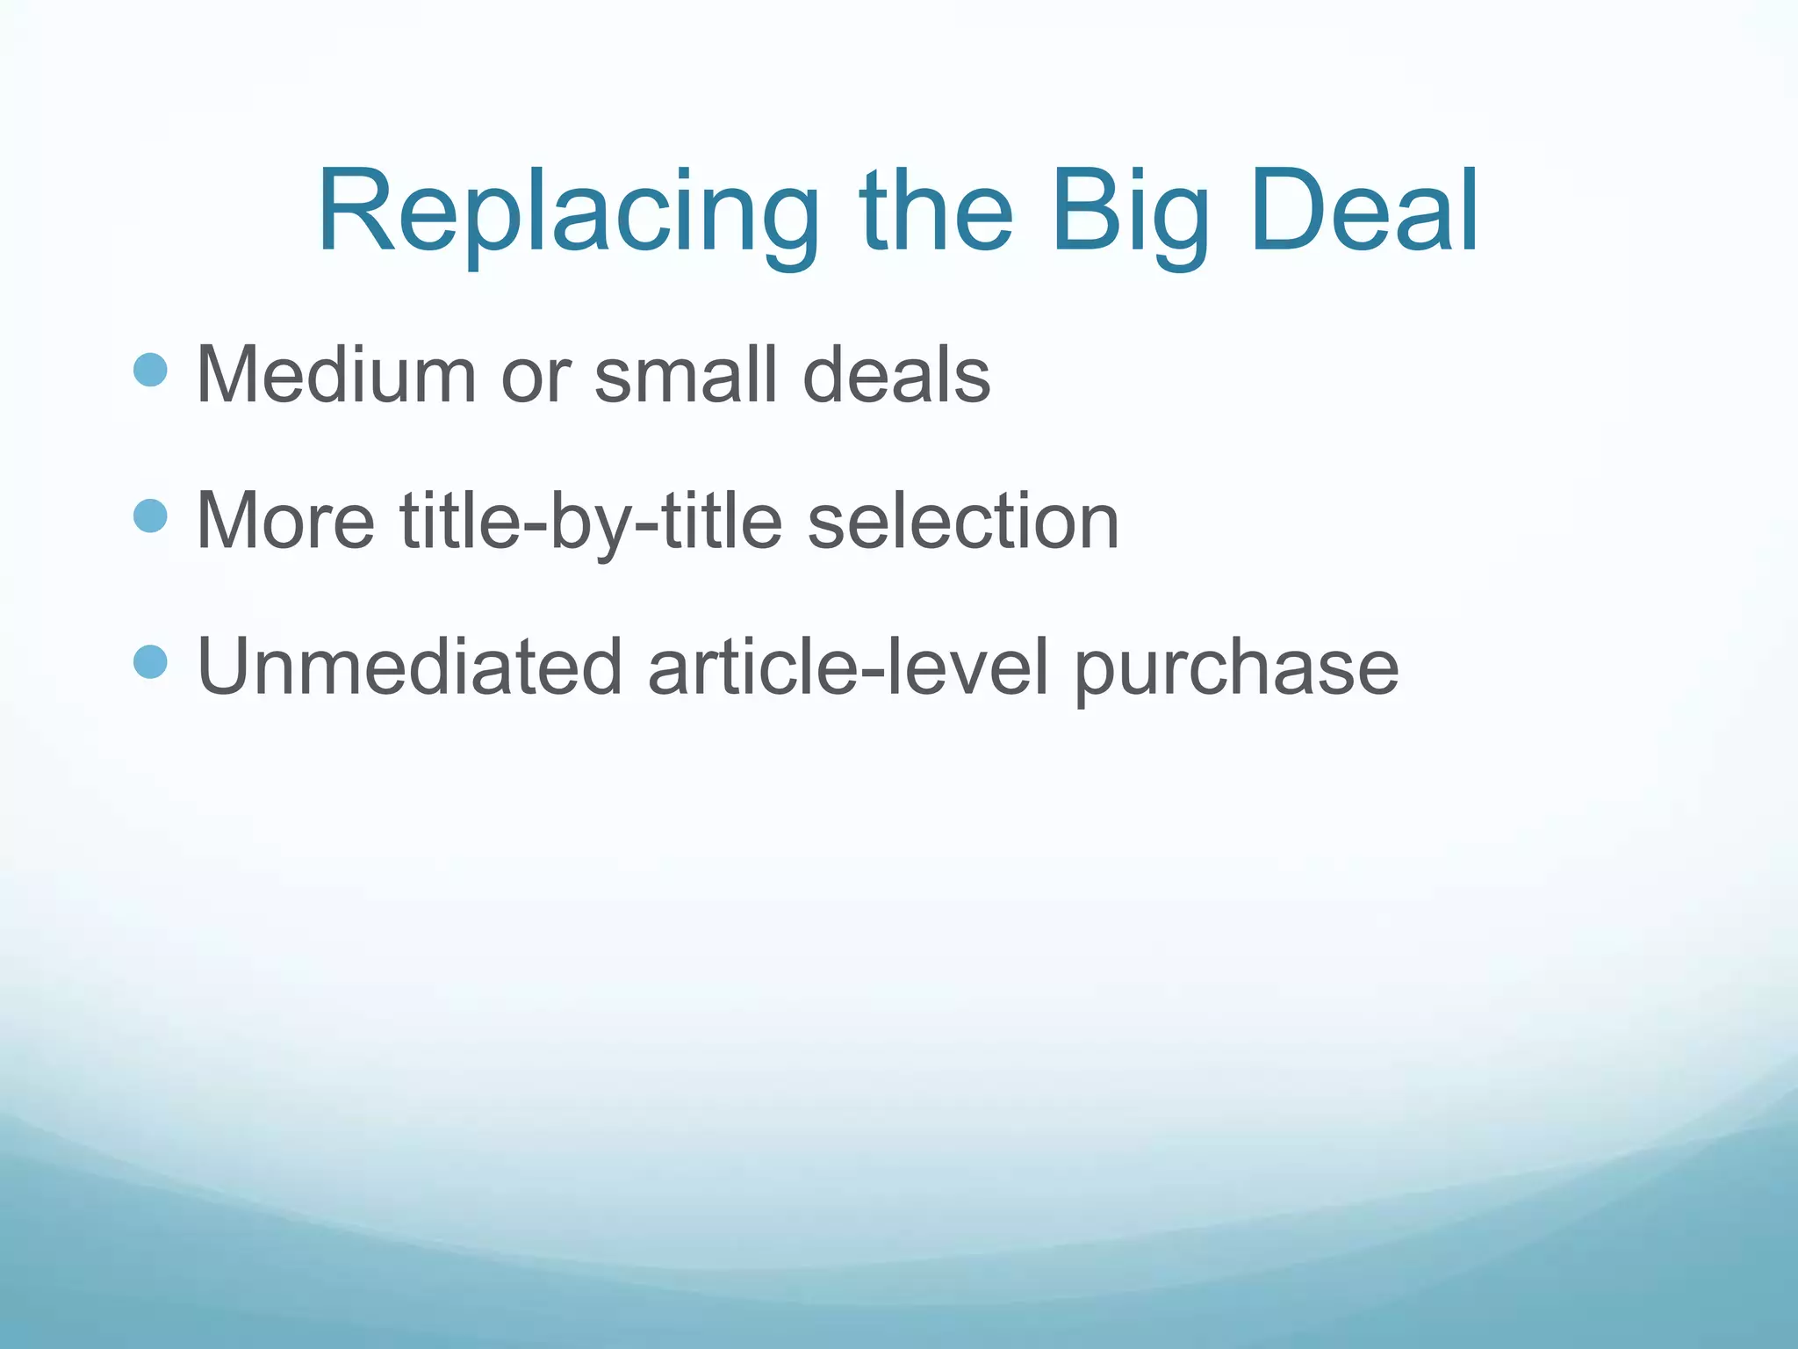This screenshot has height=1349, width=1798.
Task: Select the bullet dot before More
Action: (x=150, y=516)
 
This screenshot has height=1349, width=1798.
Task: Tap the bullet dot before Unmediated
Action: (x=150, y=661)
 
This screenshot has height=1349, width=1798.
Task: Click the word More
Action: (x=285, y=521)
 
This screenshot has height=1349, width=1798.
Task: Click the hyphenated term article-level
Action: (x=848, y=667)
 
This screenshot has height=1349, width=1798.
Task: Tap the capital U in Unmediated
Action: (x=227, y=667)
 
